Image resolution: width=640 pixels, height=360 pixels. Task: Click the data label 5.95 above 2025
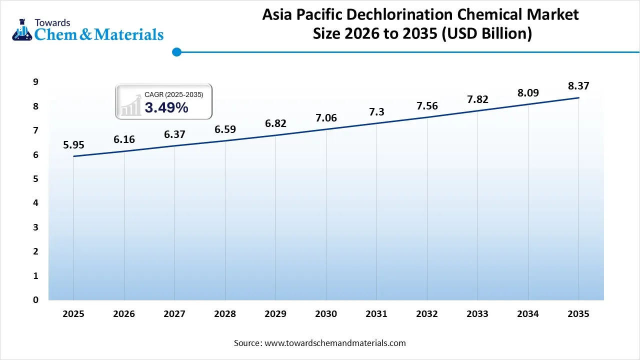[73, 145]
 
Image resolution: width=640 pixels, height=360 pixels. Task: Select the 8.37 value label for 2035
[578, 86]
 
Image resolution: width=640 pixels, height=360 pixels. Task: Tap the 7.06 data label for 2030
[326, 118]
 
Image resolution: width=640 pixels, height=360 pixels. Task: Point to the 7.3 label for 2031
[376, 112]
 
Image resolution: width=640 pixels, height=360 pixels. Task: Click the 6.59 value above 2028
[225, 129]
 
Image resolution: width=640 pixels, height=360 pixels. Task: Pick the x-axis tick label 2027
[174, 314]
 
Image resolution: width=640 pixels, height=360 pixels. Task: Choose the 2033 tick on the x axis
[477, 314]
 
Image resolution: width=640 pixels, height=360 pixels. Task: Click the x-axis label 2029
[275, 314]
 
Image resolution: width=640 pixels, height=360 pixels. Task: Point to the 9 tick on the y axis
[35, 82]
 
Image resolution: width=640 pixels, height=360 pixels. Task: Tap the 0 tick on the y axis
[35, 300]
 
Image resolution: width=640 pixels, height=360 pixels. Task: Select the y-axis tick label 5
[35, 179]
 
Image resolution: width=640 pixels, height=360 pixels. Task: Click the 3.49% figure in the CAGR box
[166, 107]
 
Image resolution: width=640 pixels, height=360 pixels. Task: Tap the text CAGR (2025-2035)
[174, 94]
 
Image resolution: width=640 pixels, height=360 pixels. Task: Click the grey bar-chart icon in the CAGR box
[131, 105]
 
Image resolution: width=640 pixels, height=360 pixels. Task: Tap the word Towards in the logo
[53, 22]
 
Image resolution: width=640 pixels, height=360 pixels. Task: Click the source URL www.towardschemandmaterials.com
[335, 343]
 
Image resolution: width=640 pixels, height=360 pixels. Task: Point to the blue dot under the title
[176, 51]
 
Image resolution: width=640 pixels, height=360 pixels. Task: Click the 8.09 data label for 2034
[528, 92]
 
